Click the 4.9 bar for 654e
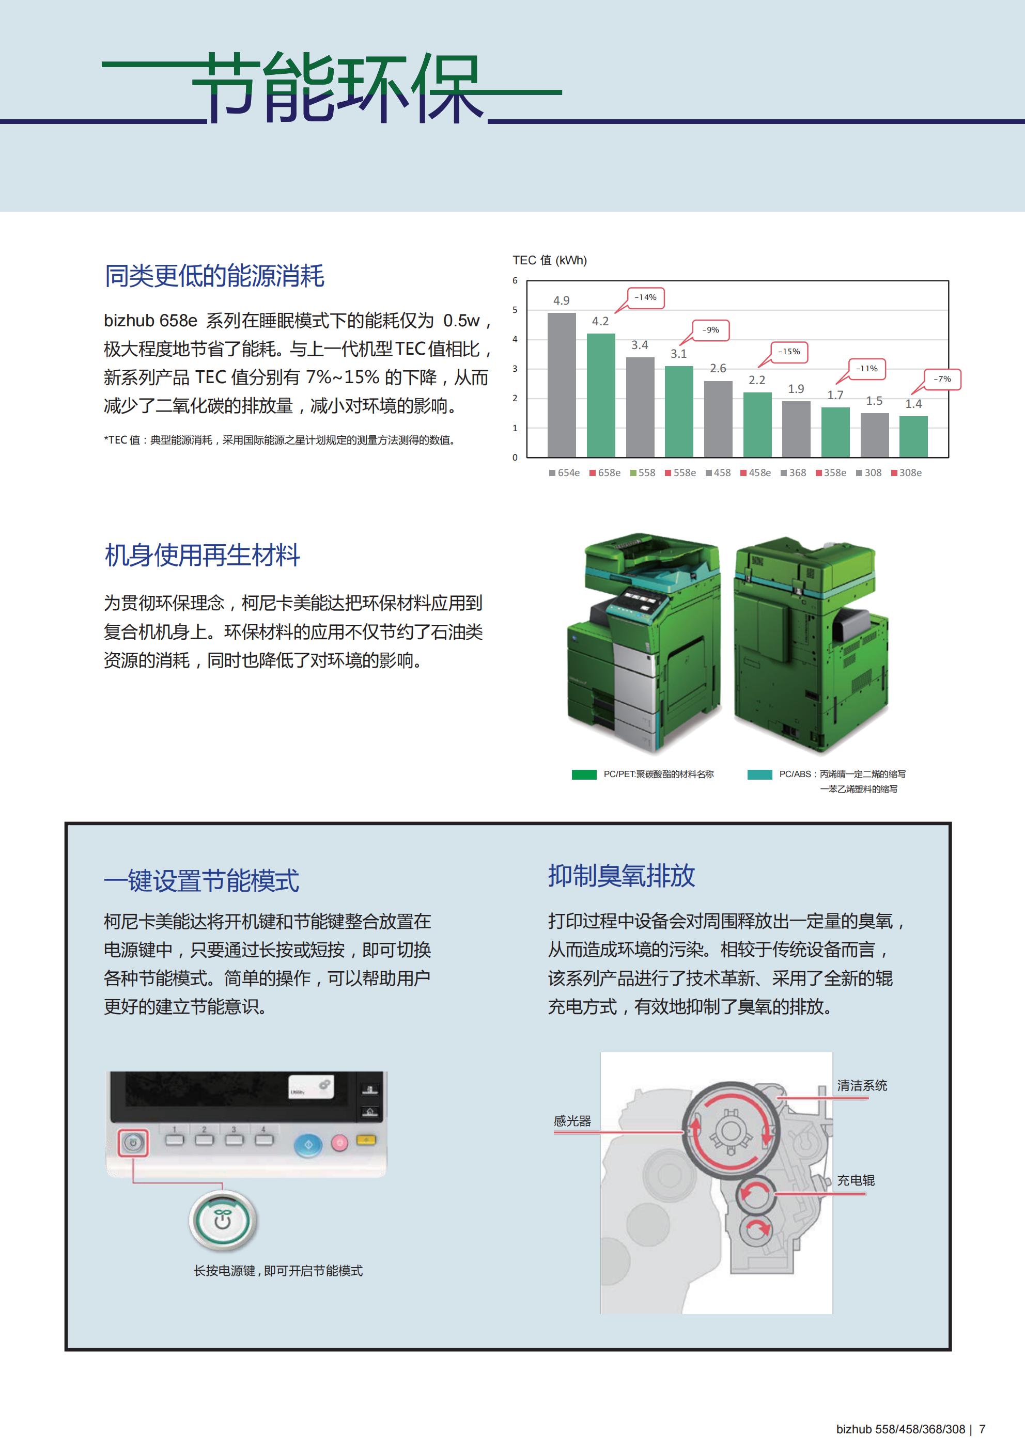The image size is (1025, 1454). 561,384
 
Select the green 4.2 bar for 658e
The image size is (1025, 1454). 600,394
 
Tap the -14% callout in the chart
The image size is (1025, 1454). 646,297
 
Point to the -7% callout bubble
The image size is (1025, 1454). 942,380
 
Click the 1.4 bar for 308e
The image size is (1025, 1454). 913,436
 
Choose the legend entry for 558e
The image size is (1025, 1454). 680,472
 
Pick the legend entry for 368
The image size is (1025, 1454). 793,472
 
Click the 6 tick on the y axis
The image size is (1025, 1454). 515,280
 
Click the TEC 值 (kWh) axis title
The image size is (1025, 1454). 549,260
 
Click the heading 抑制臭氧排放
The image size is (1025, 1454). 622,875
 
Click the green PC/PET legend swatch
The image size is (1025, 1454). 584,774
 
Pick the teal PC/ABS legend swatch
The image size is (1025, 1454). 759,774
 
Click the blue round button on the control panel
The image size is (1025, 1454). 308,1144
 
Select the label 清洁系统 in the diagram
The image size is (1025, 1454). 862,1085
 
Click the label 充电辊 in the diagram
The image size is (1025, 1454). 856,1180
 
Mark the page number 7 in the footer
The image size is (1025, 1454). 982,1429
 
